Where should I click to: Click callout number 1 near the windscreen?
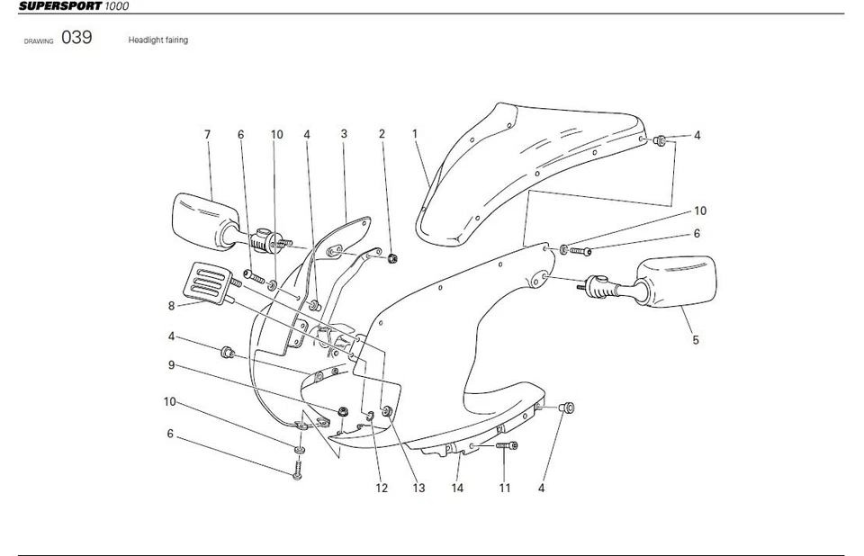pos(415,134)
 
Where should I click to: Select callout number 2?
pos(382,134)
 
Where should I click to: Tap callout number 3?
pos(344,134)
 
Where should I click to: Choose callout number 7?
pos(207,135)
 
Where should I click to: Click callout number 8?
pos(171,305)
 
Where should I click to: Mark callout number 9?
pos(171,365)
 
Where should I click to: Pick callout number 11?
pos(505,489)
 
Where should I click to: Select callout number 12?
pos(382,489)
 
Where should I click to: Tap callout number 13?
pos(418,489)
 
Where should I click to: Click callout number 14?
pos(457,489)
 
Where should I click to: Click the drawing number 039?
pos(76,39)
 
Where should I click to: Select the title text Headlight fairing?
pos(158,40)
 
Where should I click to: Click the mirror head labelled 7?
pos(200,217)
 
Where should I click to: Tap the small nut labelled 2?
pos(393,260)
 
